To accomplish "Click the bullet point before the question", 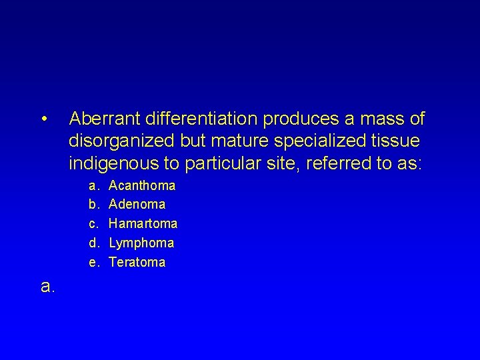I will pos(43,121).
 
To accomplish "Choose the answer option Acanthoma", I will pos(142,185).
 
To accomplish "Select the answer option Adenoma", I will pos(137,204).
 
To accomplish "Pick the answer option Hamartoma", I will pos(143,223).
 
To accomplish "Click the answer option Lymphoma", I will pos(141,243).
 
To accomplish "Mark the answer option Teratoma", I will pos(137,262).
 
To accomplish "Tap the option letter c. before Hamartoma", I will pos(93,223).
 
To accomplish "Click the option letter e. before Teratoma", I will pos(93,262).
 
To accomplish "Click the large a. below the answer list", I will pos(47,287).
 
